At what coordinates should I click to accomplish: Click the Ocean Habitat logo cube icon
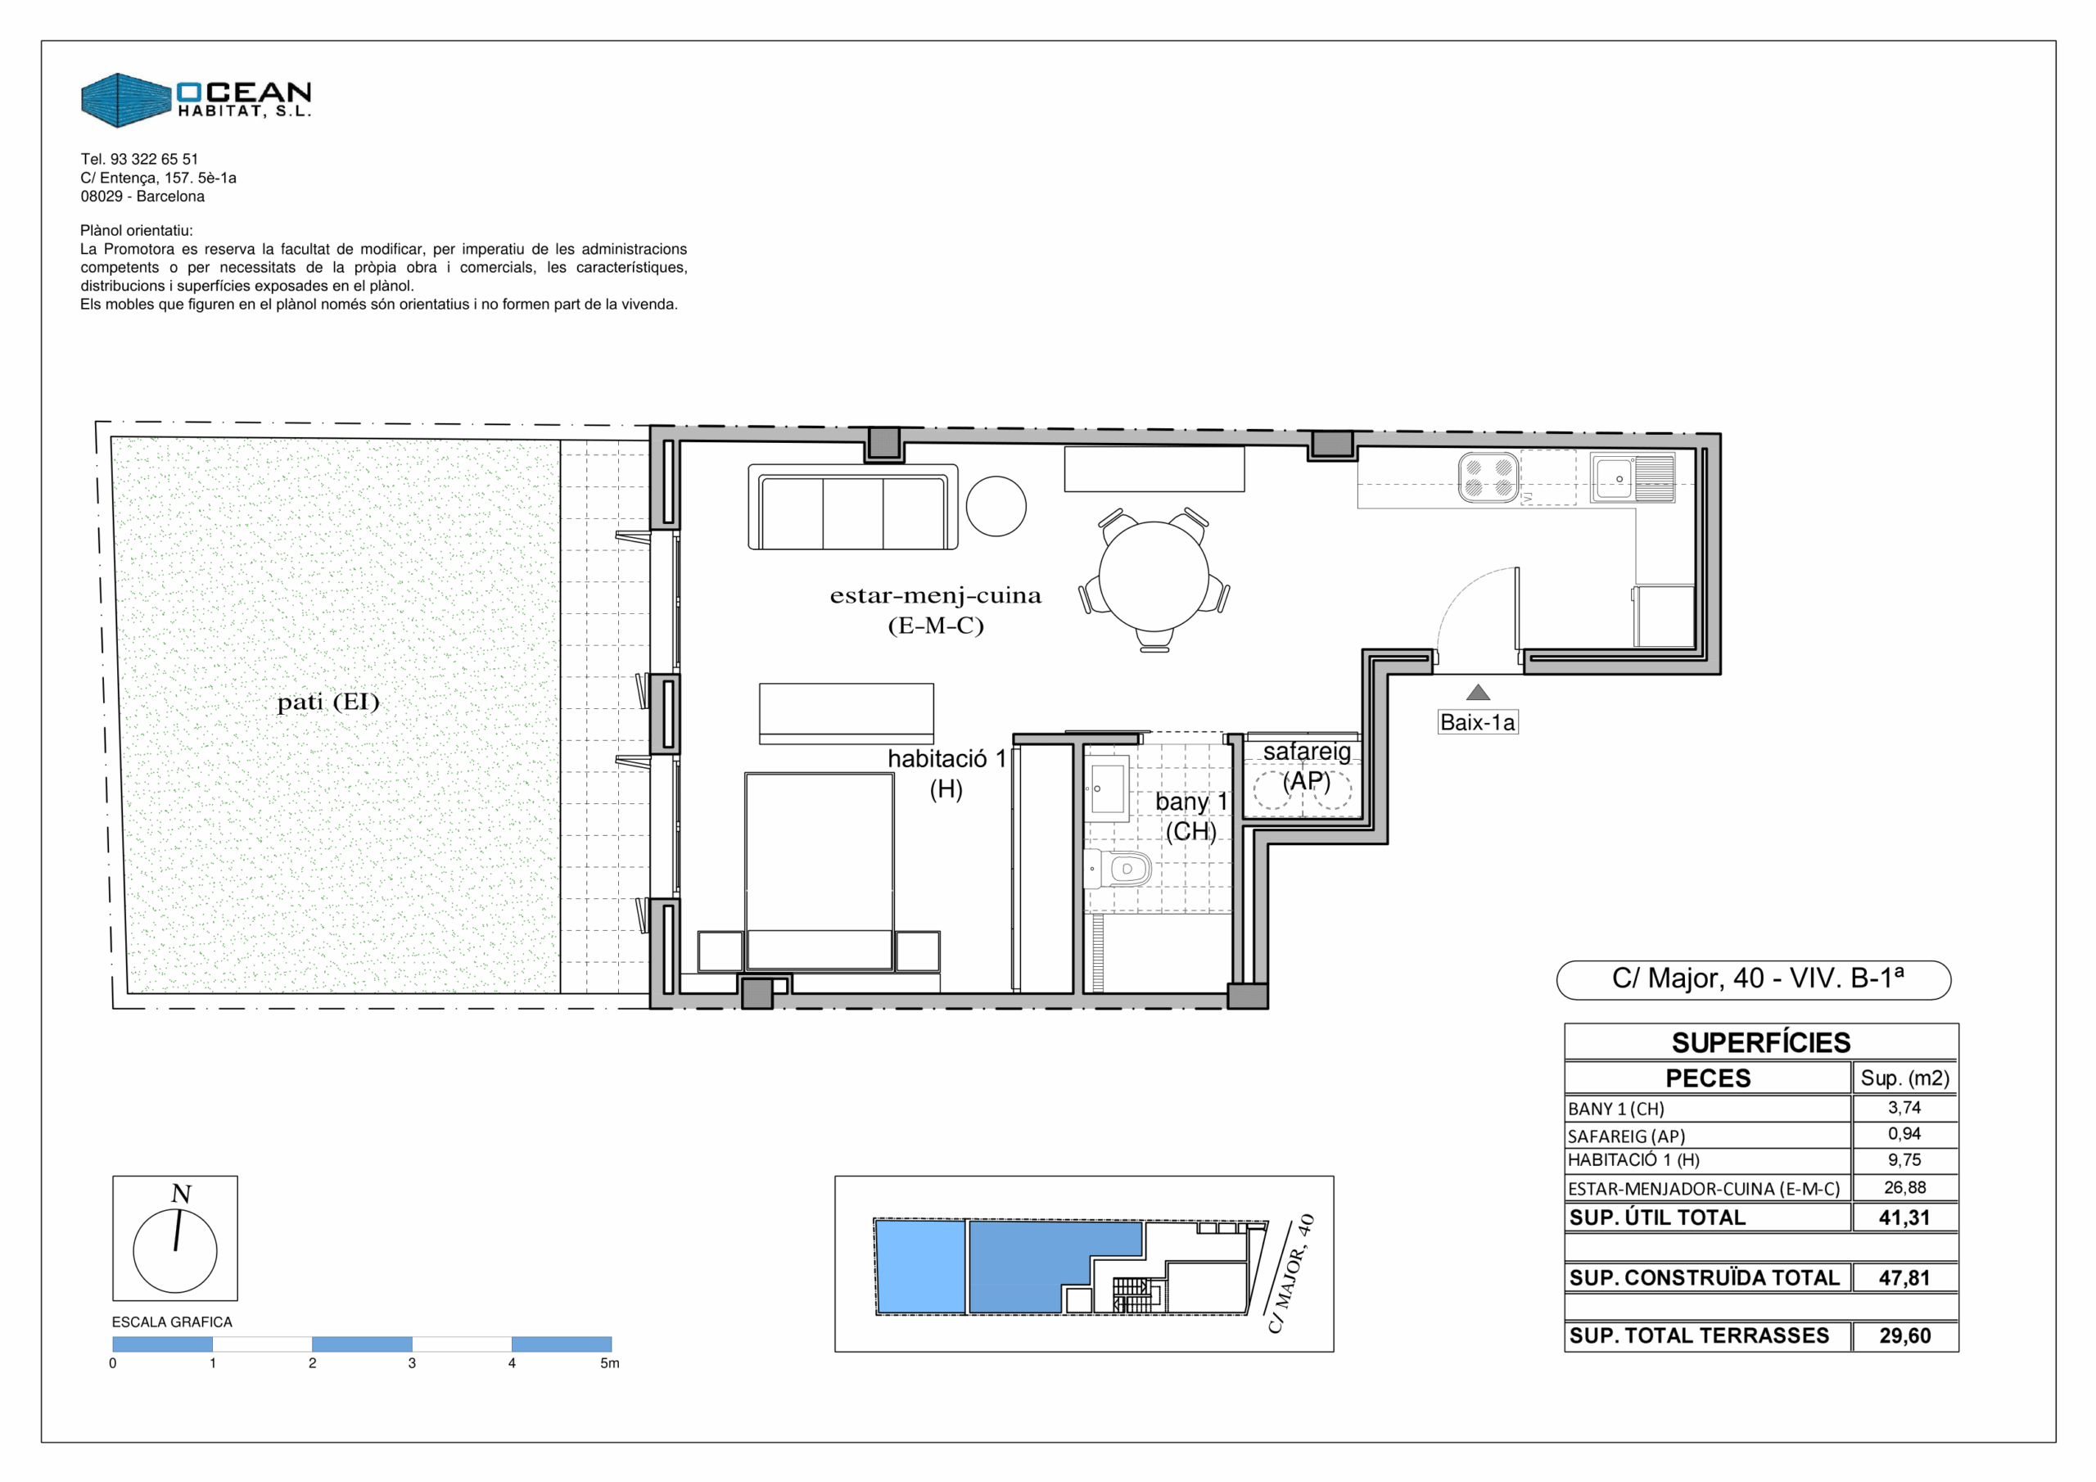pyautogui.click(x=126, y=101)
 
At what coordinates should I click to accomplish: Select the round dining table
pyautogui.click(x=1154, y=576)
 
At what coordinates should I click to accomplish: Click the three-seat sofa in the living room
pyautogui.click(x=852, y=507)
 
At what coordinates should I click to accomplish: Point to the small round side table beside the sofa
pyautogui.click(x=996, y=506)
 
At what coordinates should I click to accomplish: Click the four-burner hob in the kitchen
pyautogui.click(x=1488, y=477)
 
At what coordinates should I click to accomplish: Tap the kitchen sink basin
pyautogui.click(x=1614, y=478)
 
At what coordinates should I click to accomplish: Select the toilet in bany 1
pyautogui.click(x=1118, y=869)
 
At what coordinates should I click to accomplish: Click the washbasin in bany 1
pyautogui.click(x=1106, y=787)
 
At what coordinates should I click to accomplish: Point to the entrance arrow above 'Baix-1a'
pyautogui.click(x=1478, y=693)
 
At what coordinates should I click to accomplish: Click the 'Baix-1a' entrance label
pyautogui.click(x=1477, y=722)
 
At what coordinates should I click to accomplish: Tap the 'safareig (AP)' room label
pyautogui.click(x=1307, y=766)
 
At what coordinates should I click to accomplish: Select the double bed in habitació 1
pyautogui.click(x=819, y=871)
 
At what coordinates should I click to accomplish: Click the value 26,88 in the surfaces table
pyautogui.click(x=1904, y=1187)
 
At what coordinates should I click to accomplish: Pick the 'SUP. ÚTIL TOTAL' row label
pyautogui.click(x=1657, y=1218)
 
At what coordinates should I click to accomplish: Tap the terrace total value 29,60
pyautogui.click(x=1904, y=1336)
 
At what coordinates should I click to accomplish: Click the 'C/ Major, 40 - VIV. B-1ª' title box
pyautogui.click(x=1753, y=980)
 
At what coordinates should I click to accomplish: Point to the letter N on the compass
pyautogui.click(x=182, y=1194)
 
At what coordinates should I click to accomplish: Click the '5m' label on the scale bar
pyautogui.click(x=610, y=1363)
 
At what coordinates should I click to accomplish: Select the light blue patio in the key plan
pyautogui.click(x=920, y=1267)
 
